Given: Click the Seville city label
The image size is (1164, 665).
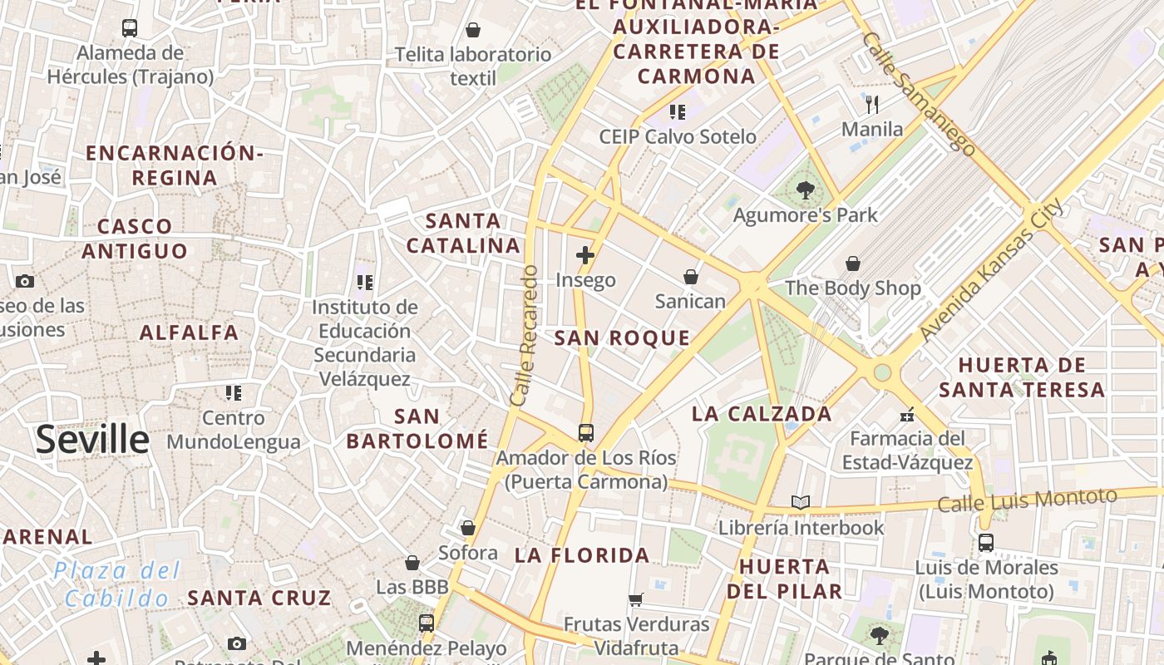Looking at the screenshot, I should click(x=92, y=439).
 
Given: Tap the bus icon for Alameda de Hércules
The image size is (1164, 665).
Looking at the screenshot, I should click(x=130, y=27).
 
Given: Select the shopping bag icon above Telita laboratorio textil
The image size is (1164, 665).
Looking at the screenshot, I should click(x=473, y=30).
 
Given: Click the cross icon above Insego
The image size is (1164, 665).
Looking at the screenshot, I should click(x=585, y=255).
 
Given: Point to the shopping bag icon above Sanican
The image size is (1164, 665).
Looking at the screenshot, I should click(x=690, y=276).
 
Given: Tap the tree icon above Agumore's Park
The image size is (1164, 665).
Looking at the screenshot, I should click(x=805, y=190).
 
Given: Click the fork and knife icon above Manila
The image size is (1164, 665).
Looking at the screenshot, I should click(x=872, y=104).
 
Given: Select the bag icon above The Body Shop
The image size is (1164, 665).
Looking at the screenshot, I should click(x=853, y=264).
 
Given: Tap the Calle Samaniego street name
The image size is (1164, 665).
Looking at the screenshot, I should click(x=918, y=94).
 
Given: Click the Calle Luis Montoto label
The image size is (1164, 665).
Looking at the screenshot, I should click(x=1027, y=500).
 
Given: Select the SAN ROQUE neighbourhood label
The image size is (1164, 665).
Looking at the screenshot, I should click(x=622, y=337).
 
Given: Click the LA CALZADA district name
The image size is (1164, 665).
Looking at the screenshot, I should click(x=762, y=413).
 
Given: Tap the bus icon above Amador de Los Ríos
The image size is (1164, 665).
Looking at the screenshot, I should click(x=586, y=432).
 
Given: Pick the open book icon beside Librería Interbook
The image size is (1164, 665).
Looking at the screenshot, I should click(x=801, y=502).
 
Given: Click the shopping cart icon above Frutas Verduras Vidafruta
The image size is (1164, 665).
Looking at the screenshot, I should click(x=636, y=599).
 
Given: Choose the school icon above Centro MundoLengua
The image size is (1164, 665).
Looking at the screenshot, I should click(x=234, y=392).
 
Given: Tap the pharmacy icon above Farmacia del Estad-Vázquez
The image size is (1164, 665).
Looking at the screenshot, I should click(x=907, y=414).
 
